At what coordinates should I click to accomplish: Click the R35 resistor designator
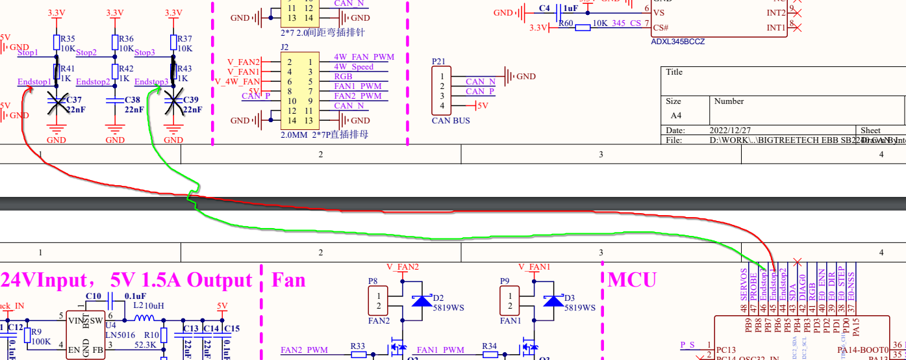[x=68, y=38]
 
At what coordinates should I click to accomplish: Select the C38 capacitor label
[x=132, y=100]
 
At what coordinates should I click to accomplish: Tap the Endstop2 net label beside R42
[x=93, y=82]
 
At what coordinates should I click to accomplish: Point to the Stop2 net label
[x=86, y=52]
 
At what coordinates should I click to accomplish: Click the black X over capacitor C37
[x=57, y=103]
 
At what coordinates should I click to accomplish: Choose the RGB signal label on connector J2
[x=343, y=77]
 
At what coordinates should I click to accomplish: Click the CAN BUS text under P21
[x=451, y=121]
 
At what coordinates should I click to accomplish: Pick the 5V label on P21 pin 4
[x=482, y=105]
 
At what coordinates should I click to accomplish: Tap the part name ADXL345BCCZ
[x=677, y=41]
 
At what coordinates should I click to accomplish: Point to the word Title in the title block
[x=674, y=72]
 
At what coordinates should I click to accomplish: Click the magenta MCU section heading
[x=631, y=280]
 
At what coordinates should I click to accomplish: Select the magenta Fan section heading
[x=288, y=280]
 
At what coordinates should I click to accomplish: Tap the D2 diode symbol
[x=422, y=300]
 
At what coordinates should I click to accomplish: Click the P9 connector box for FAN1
[x=509, y=302]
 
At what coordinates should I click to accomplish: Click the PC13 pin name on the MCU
[x=726, y=349]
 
